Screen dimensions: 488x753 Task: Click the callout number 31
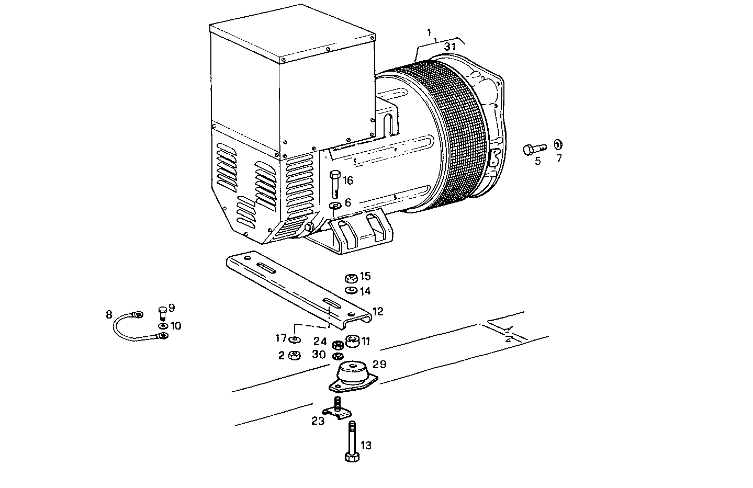(450, 47)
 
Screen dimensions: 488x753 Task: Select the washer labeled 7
(558, 144)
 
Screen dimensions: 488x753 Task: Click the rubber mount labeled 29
(352, 376)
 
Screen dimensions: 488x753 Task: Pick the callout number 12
(378, 311)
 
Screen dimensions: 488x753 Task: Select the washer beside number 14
(351, 290)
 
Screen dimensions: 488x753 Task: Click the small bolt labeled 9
(161, 313)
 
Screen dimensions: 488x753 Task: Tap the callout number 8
(109, 314)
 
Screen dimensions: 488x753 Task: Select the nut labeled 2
(295, 356)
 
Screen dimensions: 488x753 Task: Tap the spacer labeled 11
(353, 340)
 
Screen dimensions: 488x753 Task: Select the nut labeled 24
(338, 345)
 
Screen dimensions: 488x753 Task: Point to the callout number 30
(319, 354)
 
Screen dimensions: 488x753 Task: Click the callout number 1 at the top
(430, 33)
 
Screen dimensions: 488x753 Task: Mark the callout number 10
(175, 326)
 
